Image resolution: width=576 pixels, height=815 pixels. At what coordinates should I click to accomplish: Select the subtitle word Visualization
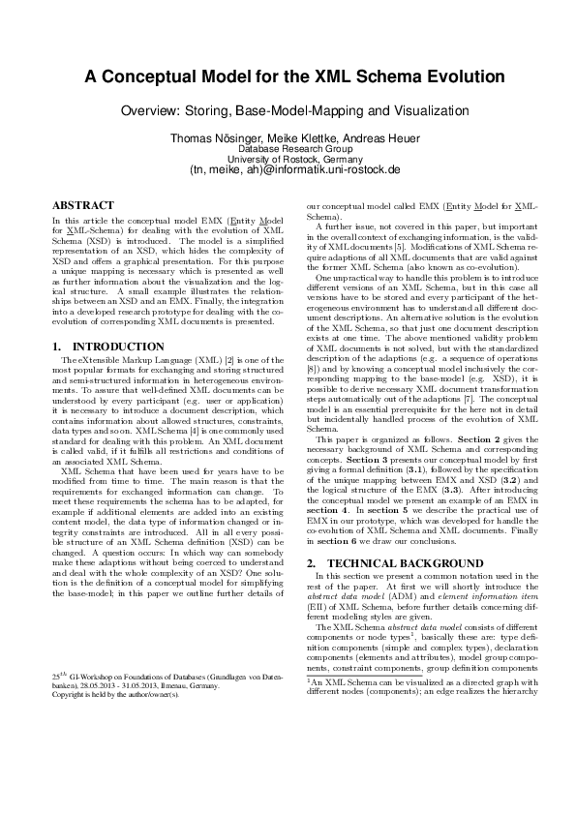(417, 111)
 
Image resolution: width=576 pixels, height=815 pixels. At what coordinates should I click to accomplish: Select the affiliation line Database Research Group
(288, 150)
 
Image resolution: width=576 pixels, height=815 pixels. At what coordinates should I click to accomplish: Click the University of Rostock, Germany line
(288, 160)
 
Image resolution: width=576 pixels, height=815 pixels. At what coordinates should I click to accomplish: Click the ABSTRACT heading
(81, 206)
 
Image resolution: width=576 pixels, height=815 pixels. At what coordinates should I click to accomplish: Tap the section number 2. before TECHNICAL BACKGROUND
(312, 563)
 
